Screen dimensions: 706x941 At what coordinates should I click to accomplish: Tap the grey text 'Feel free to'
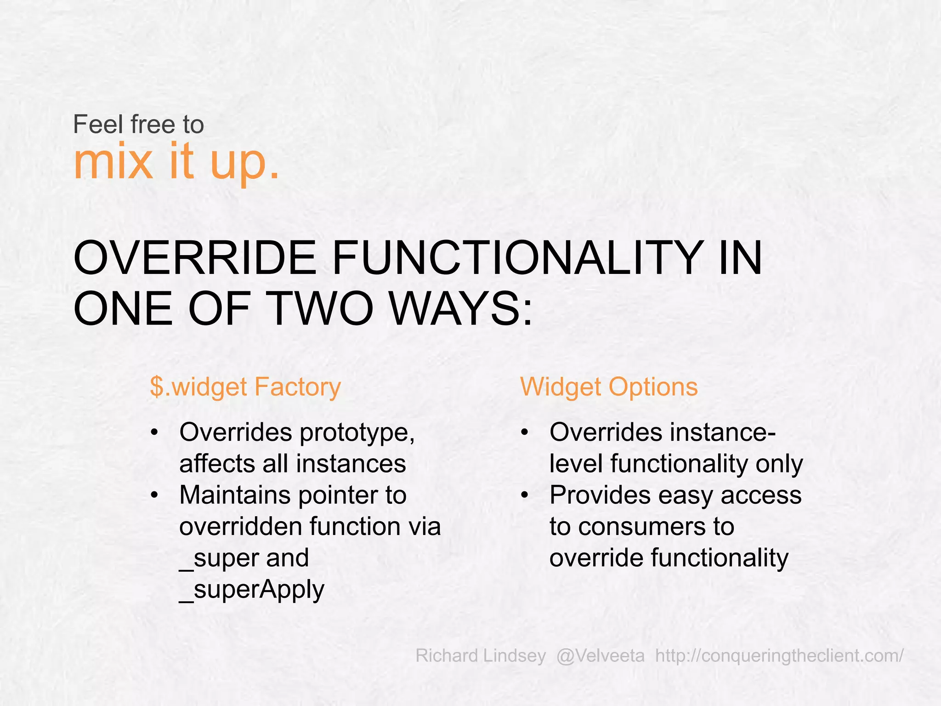pyautogui.click(x=138, y=125)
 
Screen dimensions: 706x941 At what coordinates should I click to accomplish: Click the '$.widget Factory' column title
pyautogui.click(x=245, y=387)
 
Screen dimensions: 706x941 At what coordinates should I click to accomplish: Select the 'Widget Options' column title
pyautogui.click(x=609, y=387)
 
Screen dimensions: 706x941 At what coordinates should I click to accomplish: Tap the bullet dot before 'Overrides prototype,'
pyautogui.click(x=155, y=433)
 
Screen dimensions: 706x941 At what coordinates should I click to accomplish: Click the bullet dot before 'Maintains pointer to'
pyautogui.click(x=155, y=495)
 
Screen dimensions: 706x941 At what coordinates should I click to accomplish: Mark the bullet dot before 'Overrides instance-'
pyautogui.click(x=525, y=433)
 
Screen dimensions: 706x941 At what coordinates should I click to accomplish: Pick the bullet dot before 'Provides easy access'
pyautogui.click(x=525, y=495)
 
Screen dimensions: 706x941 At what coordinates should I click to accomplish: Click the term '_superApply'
pyautogui.click(x=252, y=590)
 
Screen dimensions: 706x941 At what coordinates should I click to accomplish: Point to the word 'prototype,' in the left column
pyautogui.click(x=357, y=433)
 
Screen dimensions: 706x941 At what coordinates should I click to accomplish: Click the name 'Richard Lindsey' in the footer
pyautogui.click(x=481, y=655)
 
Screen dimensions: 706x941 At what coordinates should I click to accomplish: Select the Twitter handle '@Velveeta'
pyautogui.click(x=600, y=655)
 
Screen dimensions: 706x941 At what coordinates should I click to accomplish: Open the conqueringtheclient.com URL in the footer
pyautogui.click(x=779, y=655)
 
